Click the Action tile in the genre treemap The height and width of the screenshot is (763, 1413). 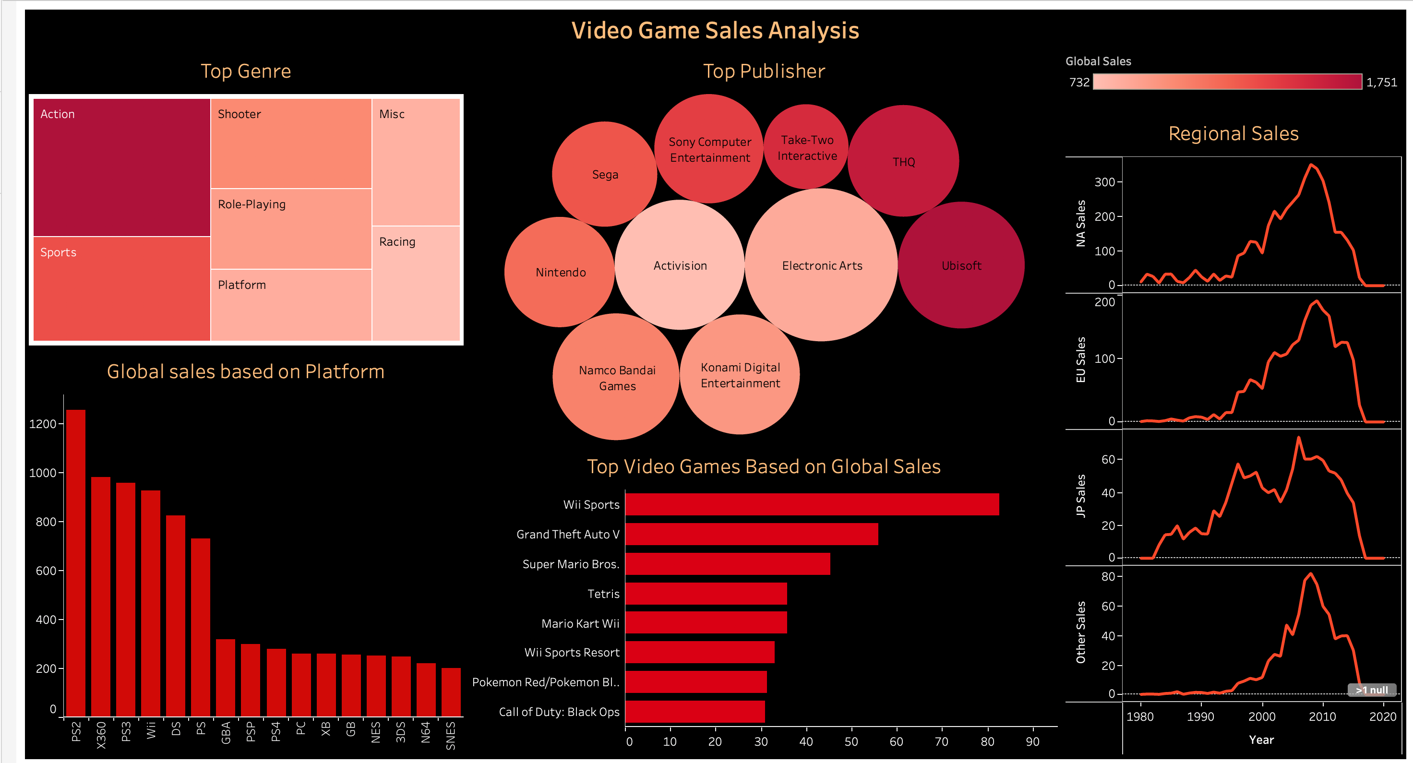point(122,167)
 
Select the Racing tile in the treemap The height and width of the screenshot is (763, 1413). point(416,283)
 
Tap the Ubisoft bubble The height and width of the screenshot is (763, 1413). point(961,265)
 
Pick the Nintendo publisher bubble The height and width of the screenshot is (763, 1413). point(560,272)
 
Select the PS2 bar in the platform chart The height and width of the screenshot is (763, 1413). point(76,562)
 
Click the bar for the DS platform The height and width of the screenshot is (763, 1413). point(176,615)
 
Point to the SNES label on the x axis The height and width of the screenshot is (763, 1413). point(451,735)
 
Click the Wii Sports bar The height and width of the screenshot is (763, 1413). point(812,504)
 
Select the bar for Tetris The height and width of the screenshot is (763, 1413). point(706,594)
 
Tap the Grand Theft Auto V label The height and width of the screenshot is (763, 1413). point(568,534)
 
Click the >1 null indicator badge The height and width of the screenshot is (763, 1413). point(1371,690)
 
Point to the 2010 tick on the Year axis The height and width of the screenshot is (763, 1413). point(1322,716)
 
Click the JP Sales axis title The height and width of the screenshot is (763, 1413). point(1080,496)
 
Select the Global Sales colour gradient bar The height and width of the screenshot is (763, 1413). point(1227,82)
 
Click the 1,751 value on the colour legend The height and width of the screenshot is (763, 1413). point(1381,82)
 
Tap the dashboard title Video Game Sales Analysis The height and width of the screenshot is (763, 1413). point(715,31)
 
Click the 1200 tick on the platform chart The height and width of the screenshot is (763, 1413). point(43,424)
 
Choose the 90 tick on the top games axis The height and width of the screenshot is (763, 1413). point(1032,741)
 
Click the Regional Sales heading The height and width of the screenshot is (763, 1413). point(1233,134)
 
